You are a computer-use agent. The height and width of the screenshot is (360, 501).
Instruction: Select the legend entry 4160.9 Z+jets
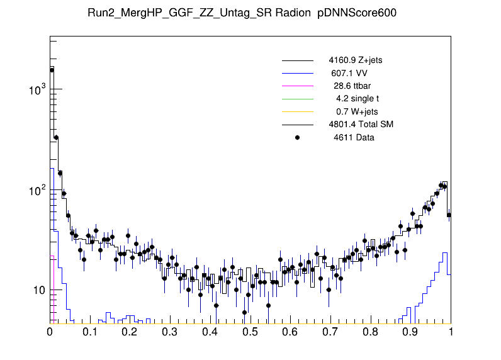(x=355, y=60)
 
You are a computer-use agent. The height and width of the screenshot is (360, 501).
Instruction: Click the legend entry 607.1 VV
(x=349, y=73)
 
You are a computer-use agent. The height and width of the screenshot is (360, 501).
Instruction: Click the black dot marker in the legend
(x=298, y=137)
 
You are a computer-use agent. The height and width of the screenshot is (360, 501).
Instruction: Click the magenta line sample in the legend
(x=297, y=86)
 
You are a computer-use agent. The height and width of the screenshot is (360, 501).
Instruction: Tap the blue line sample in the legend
(x=297, y=73)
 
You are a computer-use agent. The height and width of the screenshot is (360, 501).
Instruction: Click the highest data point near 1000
(x=52, y=70)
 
